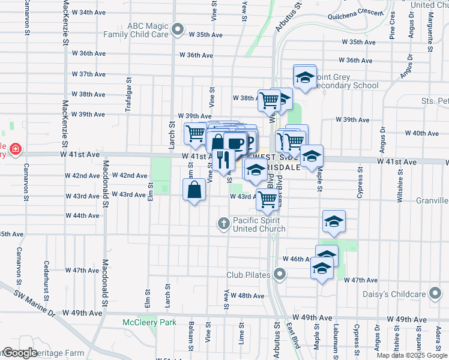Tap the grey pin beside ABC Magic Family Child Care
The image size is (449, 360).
[177, 29]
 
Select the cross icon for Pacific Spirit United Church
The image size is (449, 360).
[223, 224]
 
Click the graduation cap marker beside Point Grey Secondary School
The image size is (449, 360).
[305, 77]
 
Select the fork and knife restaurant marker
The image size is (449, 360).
[223, 159]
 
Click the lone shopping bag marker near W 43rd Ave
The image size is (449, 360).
[194, 191]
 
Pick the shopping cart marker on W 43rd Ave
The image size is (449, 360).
[268, 199]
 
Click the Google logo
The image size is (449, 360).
[20, 353]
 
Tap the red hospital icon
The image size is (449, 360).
[15, 148]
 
